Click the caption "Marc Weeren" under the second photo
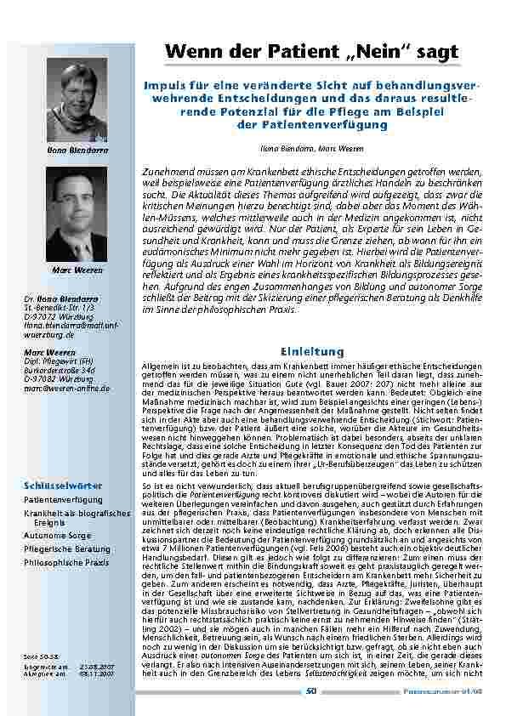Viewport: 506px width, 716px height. click(77, 270)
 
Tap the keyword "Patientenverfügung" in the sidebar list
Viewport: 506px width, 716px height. click(57, 500)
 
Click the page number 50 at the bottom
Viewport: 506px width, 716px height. click(311, 690)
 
